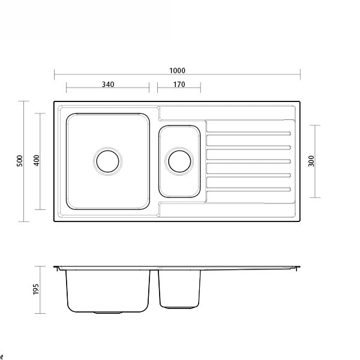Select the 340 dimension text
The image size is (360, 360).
coord(107,85)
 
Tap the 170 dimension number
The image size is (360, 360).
coord(179,85)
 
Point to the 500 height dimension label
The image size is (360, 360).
coord(20,161)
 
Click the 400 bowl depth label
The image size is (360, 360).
coord(36,161)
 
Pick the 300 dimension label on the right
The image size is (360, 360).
coord(311,161)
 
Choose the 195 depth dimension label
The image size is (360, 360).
coord(36,289)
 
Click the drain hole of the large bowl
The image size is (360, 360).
coord(108,161)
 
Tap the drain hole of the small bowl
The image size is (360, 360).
coord(179,161)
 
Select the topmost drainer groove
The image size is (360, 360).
coord(249,133)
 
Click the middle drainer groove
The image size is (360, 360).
coord(249,161)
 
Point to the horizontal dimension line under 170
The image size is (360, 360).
coord(179,90)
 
